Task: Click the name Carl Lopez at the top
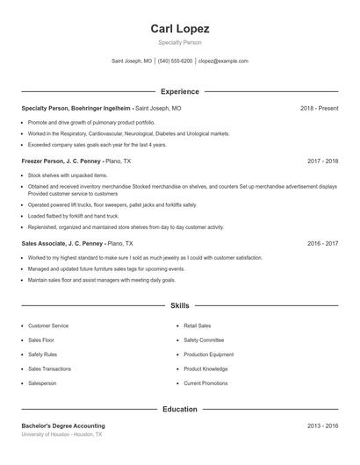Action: coord(179,28)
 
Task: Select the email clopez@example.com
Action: coord(223,61)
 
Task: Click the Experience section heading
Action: coord(179,91)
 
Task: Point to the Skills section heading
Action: coord(179,305)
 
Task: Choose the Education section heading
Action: coord(179,409)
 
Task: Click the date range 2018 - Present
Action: coord(319,108)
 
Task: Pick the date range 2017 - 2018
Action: coord(322,161)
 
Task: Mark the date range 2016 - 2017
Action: coord(322,243)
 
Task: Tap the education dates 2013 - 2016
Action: coord(322,426)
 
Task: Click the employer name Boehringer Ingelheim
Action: coord(98,108)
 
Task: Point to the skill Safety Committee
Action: coord(204,340)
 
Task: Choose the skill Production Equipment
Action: coord(208,354)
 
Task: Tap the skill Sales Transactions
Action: coord(49,368)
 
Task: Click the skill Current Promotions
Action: coord(205,383)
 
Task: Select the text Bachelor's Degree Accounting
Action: coord(63,426)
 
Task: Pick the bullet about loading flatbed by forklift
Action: coord(73,215)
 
